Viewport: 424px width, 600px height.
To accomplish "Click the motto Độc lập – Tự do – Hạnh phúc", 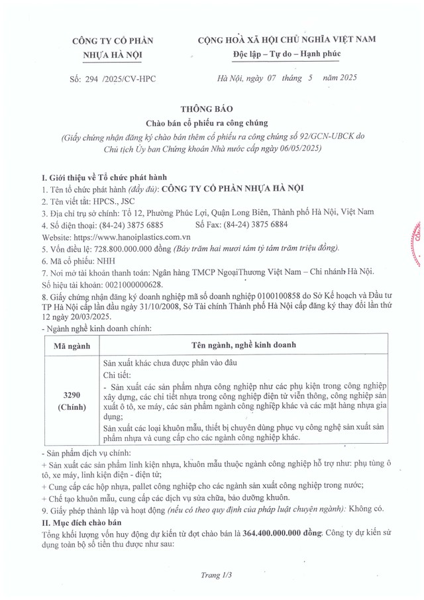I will click(x=286, y=53).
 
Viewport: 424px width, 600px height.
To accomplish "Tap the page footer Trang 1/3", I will click(x=217, y=575).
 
